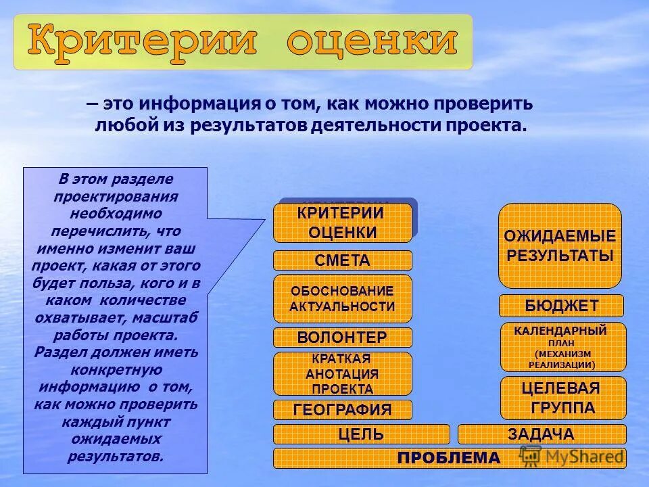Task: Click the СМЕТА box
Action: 342,260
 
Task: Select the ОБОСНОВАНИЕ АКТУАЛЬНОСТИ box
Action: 342,298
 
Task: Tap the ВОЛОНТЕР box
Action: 342,338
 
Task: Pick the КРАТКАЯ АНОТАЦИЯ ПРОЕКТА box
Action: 342,373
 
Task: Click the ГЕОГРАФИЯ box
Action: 342,409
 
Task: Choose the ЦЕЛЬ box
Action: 361,434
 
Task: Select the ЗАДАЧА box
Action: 542,434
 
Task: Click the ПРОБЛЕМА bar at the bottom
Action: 449,458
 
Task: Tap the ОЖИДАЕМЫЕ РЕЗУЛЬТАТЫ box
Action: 560,246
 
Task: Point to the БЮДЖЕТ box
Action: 561,306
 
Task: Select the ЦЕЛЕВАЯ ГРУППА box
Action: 562,398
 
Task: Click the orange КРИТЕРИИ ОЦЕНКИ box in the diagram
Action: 342,223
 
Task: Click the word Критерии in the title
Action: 142,42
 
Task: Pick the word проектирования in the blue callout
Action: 116,197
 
